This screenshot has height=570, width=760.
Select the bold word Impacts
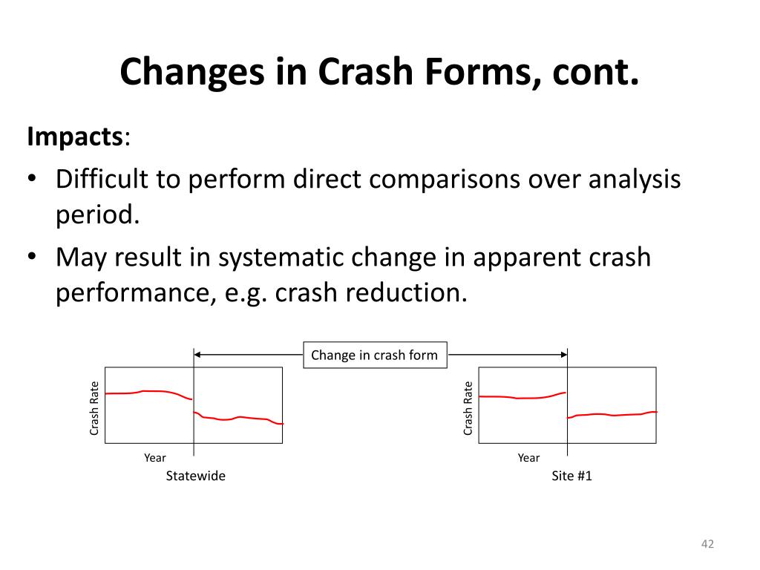[75, 137]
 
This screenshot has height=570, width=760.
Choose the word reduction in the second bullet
[407, 293]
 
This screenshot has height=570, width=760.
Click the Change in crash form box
[375, 355]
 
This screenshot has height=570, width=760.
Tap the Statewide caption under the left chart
[195, 476]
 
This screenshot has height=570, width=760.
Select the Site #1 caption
[571, 476]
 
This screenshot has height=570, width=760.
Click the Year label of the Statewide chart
[155, 458]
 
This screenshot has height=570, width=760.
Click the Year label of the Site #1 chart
[528, 458]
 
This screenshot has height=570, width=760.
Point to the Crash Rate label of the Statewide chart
[95, 407]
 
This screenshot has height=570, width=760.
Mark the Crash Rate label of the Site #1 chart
[468, 407]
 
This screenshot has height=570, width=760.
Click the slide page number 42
[707, 545]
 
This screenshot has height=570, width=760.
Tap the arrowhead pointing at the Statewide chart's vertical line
[199, 355]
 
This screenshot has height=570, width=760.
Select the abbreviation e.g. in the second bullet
[247, 293]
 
